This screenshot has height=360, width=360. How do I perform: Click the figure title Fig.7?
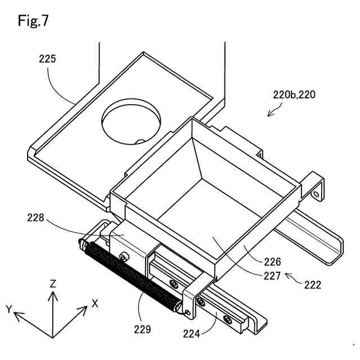click(33, 21)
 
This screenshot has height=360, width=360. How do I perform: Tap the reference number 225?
click(47, 58)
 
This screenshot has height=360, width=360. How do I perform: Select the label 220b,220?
click(294, 95)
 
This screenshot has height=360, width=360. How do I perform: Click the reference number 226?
click(271, 262)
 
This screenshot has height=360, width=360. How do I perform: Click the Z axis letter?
click(52, 284)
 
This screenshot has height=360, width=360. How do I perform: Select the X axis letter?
click(95, 304)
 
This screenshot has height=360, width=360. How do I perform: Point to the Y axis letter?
click(9, 309)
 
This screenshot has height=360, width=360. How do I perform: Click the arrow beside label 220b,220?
click(274, 111)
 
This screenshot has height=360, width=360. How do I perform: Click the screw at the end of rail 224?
click(227, 321)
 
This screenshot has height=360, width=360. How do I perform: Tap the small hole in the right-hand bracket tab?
click(315, 193)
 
